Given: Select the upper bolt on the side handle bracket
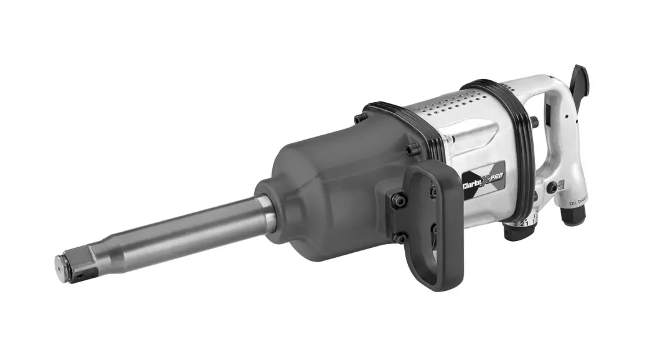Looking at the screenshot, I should click(x=398, y=200).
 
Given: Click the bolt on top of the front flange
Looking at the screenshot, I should click(x=359, y=118).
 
